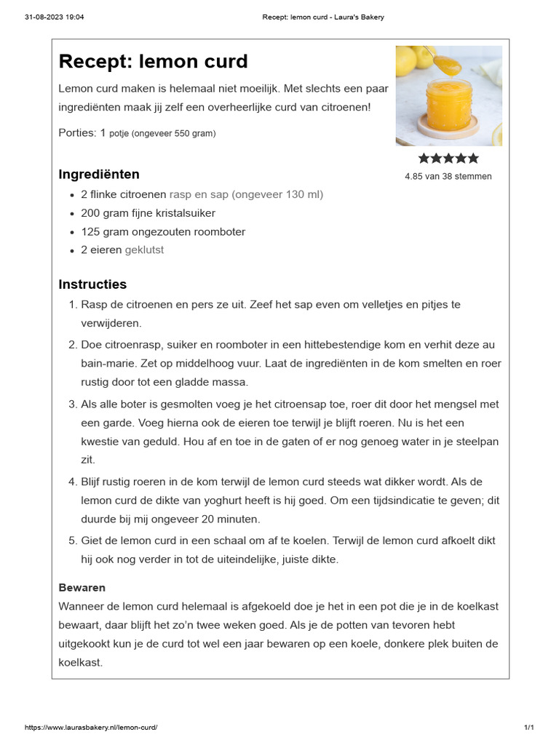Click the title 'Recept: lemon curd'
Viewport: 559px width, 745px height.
(x=153, y=62)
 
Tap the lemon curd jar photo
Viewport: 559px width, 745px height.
(x=448, y=95)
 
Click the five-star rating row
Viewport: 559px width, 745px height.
(x=448, y=159)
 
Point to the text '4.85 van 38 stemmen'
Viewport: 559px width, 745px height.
(x=448, y=176)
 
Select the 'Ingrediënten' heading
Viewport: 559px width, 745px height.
(x=99, y=175)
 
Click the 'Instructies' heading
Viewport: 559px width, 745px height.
(x=92, y=284)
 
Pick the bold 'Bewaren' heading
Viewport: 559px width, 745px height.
(x=82, y=587)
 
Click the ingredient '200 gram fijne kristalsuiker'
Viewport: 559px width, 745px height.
(x=148, y=213)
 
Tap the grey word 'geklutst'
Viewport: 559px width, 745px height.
(x=144, y=250)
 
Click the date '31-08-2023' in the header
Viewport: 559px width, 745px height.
(x=44, y=17)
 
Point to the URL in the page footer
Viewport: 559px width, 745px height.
(x=91, y=728)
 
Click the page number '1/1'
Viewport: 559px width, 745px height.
(x=529, y=728)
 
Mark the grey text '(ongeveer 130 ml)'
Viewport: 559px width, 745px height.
(x=277, y=194)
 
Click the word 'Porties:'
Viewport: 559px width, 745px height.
(x=76, y=132)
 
